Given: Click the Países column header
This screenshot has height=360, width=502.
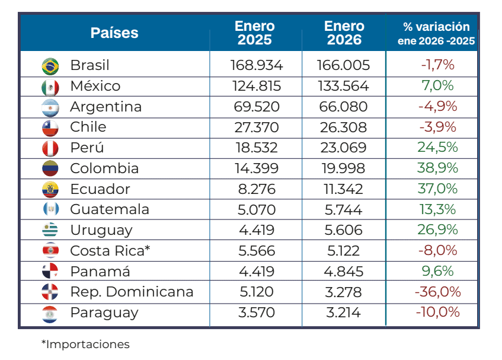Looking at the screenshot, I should pyautogui.click(x=114, y=33).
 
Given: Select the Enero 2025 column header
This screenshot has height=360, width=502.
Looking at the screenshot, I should pyautogui.click(x=255, y=33).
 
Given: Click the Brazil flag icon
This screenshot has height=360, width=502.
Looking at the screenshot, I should pyautogui.click(x=50, y=66).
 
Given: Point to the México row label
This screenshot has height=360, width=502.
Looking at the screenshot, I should pyautogui.click(x=95, y=86).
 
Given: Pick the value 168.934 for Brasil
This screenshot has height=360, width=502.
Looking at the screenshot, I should pyautogui.click(x=257, y=65).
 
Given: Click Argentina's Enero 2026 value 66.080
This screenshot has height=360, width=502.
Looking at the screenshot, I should pyautogui.click(x=343, y=107).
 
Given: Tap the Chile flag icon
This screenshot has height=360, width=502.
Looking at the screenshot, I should pyautogui.click(x=50, y=128).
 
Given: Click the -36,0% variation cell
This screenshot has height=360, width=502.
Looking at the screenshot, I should pyautogui.click(x=437, y=292).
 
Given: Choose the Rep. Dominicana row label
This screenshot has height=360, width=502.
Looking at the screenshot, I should pyautogui.click(x=132, y=292).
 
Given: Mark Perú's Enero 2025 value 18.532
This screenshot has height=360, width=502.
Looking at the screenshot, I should pyautogui.click(x=257, y=148).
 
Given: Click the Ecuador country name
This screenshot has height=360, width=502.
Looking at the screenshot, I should pyautogui.click(x=100, y=189).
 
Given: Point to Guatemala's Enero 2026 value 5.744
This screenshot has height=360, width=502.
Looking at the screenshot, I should pyautogui.click(x=343, y=209).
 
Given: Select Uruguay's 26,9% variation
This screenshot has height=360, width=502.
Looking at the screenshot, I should pyautogui.click(x=437, y=230).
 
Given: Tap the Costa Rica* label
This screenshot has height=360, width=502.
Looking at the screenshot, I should pyautogui.click(x=110, y=251).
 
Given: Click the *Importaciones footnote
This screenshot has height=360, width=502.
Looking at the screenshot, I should pyautogui.click(x=85, y=344).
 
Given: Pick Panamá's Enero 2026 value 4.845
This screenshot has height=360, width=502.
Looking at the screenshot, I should pyautogui.click(x=343, y=271).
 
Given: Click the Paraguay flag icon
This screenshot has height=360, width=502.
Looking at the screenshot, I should pyautogui.click(x=50, y=313).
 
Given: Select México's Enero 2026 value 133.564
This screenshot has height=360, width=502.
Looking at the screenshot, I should pyautogui.click(x=343, y=86).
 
